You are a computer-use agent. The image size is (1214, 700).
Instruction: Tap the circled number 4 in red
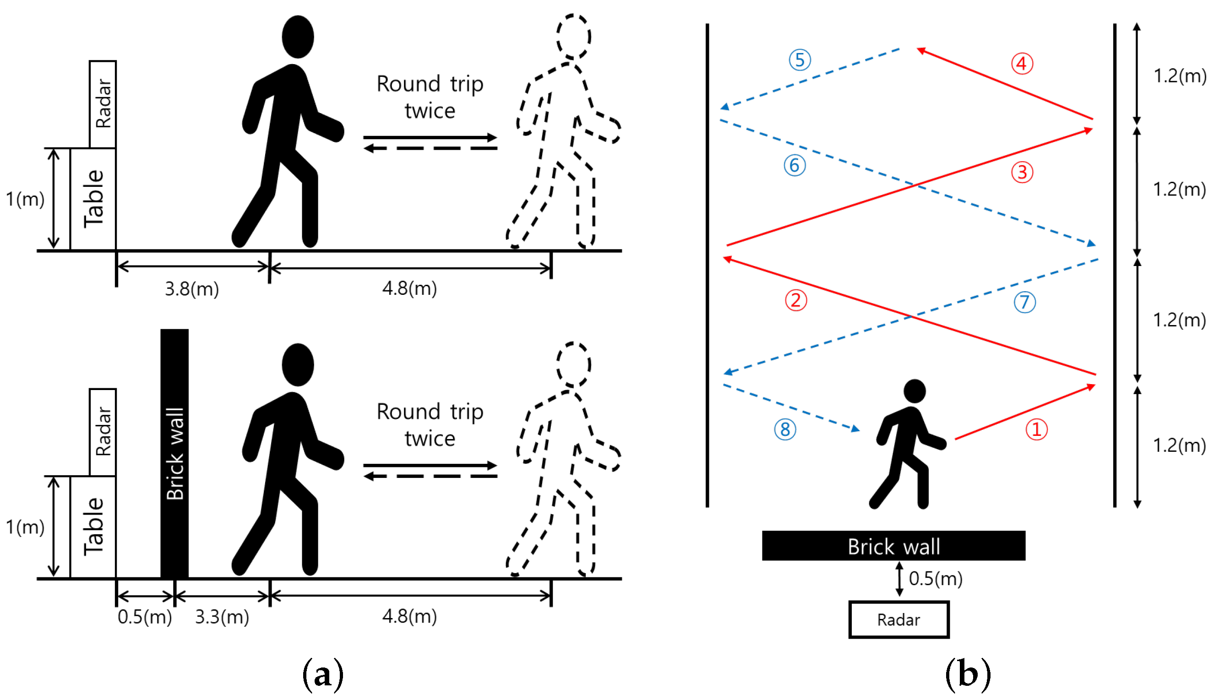[x=1021, y=64]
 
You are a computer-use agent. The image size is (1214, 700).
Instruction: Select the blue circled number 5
[x=800, y=60]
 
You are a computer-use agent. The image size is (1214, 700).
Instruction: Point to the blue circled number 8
[x=784, y=429]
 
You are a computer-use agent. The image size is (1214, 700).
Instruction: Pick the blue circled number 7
[x=1024, y=303]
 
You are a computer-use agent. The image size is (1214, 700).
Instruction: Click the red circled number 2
[x=796, y=300]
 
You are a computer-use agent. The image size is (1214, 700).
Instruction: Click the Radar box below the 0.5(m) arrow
[x=898, y=620]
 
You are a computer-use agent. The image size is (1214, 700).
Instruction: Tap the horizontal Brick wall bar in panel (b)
[x=893, y=546]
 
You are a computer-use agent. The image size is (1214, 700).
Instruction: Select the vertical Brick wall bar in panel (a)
[x=174, y=453]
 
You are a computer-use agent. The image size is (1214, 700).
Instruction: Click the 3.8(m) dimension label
[x=192, y=289]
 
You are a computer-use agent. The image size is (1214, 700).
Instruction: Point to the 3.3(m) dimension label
[x=222, y=617]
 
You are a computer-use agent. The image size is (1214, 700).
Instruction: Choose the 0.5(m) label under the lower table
[x=145, y=617]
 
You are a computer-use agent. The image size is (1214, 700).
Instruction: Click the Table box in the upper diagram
[x=93, y=199]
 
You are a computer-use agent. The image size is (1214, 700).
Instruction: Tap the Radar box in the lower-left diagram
[x=103, y=432]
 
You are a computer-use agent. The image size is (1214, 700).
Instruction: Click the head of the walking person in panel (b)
[x=915, y=391]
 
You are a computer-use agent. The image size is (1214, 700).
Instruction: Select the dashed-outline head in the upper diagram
[x=574, y=37]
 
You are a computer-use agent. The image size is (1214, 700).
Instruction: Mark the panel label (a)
[x=322, y=674]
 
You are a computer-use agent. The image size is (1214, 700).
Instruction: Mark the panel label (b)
[x=967, y=674]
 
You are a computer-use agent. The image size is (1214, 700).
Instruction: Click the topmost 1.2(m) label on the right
[x=1179, y=76]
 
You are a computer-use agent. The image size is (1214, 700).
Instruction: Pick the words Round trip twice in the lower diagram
[x=430, y=425]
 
